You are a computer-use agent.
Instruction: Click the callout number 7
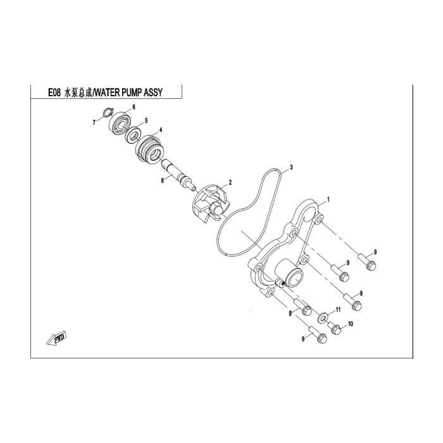pyautogui.click(x=94, y=123)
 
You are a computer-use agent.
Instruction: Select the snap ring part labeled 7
pyautogui.click(x=108, y=113)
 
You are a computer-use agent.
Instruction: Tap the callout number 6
pyautogui.click(x=134, y=107)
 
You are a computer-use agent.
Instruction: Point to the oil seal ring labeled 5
pyautogui.click(x=134, y=135)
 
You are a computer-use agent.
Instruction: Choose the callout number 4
pyautogui.click(x=161, y=130)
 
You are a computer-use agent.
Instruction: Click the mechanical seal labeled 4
pyautogui.click(x=149, y=148)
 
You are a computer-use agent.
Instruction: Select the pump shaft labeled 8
pyautogui.click(x=178, y=174)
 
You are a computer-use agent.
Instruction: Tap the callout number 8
pyautogui.click(x=162, y=180)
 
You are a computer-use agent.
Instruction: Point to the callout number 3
pyautogui.click(x=291, y=167)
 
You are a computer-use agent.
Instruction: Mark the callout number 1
pyautogui.click(x=328, y=200)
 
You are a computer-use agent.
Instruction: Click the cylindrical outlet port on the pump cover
pyautogui.click(x=289, y=273)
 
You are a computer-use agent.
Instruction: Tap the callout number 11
pyautogui.click(x=338, y=310)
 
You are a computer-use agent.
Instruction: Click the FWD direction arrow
pyautogui.click(x=56, y=338)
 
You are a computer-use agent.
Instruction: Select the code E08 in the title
pyautogui.click(x=54, y=92)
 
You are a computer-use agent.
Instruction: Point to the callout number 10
pyautogui.click(x=351, y=324)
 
